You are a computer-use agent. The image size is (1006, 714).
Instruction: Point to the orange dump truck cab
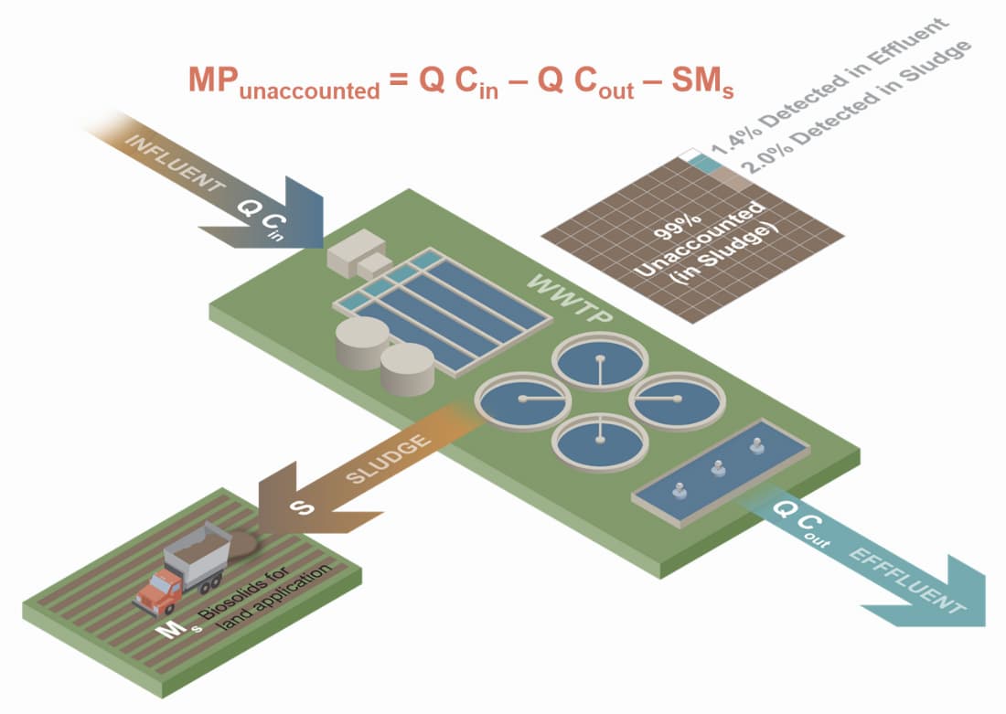coord(158,584)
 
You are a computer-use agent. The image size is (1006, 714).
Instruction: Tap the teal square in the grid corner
coord(700,162)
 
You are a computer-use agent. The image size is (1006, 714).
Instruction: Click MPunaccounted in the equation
coord(284,84)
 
